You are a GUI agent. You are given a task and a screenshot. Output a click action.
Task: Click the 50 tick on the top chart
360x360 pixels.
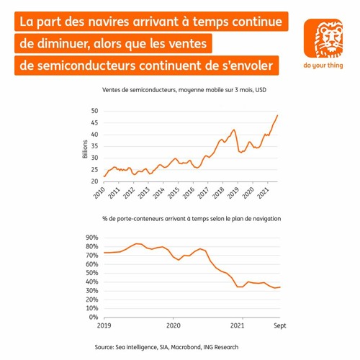[94, 111]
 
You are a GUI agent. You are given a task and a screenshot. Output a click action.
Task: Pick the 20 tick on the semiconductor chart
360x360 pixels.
[94, 184]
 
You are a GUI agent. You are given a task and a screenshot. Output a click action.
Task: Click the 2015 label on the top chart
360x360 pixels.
[174, 194]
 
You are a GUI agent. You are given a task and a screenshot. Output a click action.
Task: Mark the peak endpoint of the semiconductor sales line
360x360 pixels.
[278, 115]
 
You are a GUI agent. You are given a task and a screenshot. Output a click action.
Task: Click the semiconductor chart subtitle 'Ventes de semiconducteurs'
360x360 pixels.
[137, 90]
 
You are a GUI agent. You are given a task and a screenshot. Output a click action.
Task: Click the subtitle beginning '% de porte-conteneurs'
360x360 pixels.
[180, 217]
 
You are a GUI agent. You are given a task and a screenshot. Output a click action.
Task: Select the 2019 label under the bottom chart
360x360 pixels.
[105, 325]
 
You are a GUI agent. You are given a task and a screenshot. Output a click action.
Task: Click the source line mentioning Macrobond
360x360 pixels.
[180, 348]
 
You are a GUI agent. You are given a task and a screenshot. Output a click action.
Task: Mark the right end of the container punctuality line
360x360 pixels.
[279, 287]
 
